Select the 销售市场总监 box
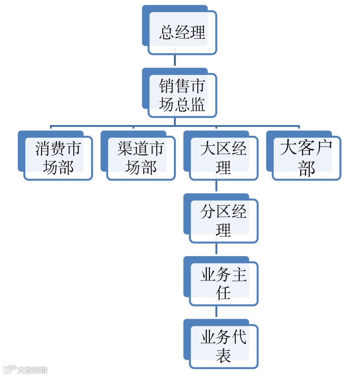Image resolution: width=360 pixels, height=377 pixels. coord(182,95)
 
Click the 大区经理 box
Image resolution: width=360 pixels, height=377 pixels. coord(223,158)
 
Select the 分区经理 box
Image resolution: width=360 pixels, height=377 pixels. coord(223,221)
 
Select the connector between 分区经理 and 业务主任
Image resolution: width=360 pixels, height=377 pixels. coord(216,250)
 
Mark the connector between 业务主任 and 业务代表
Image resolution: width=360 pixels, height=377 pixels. coord(216,312)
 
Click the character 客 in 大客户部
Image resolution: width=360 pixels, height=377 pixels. coord(306,149)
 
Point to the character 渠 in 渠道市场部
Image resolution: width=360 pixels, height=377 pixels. coord(125,149)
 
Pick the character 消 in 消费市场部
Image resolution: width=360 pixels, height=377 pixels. coord(43,149)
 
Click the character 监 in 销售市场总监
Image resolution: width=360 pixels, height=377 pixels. coord(197,105)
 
